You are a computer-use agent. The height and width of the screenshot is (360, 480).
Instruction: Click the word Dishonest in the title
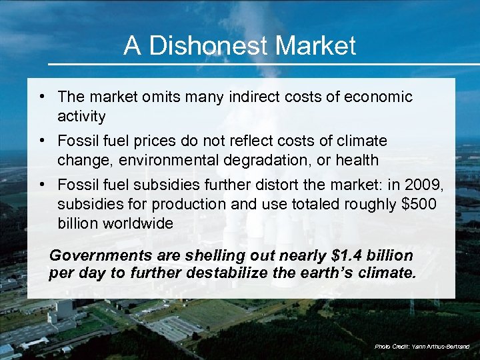click(x=209, y=46)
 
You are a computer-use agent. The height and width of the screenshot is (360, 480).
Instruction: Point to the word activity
click(x=81, y=117)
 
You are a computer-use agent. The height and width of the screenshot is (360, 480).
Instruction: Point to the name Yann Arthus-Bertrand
click(x=440, y=347)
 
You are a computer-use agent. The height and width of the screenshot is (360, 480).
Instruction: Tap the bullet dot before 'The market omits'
click(x=42, y=97)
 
